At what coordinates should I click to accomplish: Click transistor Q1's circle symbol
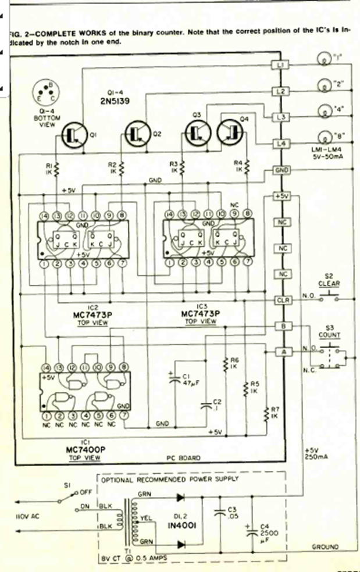72,134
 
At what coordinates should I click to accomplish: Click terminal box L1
280,65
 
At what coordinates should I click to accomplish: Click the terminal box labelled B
282,327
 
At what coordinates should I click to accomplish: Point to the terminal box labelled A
282,351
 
